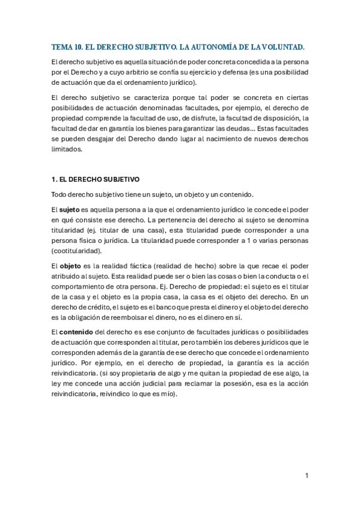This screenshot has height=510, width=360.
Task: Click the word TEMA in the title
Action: pyautogui.click(x=61, y=46)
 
